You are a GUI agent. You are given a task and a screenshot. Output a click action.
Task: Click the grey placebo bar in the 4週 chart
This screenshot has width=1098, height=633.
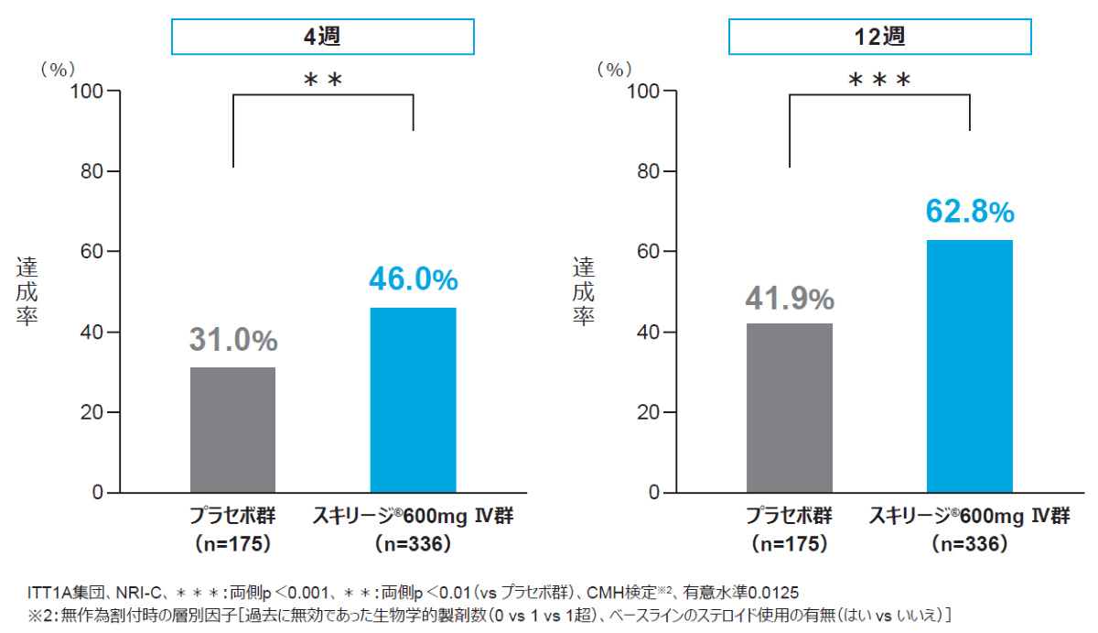click(232, 430)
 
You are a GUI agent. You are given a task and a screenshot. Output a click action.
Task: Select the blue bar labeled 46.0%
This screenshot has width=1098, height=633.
click(413, 399)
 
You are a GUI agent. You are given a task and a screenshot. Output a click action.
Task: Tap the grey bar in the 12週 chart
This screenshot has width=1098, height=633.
click(789, 408)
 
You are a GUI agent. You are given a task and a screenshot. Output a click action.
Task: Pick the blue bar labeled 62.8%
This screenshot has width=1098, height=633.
click(969, 366)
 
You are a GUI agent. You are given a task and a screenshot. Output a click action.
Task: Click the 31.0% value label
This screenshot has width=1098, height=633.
click(233, 341)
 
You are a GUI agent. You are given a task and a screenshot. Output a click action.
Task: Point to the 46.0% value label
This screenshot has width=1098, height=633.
click(413, 279)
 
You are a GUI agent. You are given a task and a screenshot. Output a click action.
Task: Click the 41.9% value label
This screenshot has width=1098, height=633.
click(789, 298)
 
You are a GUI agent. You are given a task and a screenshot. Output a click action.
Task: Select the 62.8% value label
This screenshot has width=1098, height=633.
click(970, 212)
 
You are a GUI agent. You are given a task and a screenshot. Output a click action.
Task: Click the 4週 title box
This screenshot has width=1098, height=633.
click(323, 38)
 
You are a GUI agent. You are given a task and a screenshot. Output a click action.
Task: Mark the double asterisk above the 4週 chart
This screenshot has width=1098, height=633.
click(323, 81)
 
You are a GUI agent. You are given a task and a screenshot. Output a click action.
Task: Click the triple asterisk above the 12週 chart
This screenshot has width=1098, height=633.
click(878, 81)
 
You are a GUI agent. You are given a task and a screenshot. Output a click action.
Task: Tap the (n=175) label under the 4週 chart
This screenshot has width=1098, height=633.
click(233, 543)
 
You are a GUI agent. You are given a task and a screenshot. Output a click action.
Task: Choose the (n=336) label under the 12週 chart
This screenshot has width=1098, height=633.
click(970, 543)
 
